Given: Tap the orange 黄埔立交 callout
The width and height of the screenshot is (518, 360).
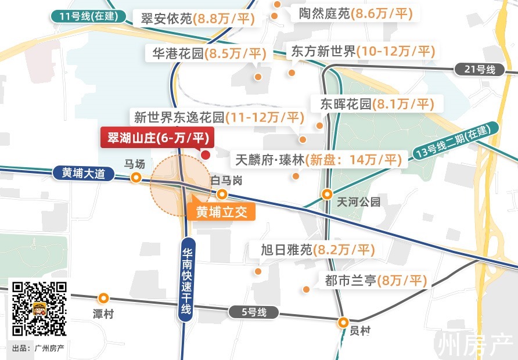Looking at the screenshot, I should coord(221,212).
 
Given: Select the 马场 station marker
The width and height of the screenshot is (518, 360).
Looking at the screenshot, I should coord(136,178).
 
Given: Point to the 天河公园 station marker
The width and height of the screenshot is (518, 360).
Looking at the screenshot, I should coord(328,194).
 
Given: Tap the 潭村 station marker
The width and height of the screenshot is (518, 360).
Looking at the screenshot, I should coord(103,298).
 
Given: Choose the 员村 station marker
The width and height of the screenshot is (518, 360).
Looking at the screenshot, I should coord(343,322).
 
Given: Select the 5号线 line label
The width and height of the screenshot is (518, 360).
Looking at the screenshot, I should coord(254,312).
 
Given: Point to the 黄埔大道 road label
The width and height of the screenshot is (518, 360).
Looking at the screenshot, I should coord(83,172).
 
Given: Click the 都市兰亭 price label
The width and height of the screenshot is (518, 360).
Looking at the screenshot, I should coord(375,281).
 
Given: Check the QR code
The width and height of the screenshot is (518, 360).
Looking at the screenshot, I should coord(40,309).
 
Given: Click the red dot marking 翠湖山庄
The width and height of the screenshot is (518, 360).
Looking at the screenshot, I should coord(205,154).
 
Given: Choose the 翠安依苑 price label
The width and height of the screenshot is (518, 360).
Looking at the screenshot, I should coord(197,19).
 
